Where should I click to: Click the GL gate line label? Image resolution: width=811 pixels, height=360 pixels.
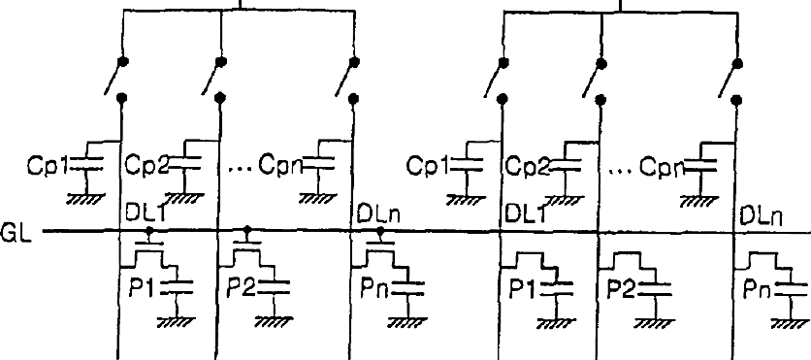click(x=16, y=233)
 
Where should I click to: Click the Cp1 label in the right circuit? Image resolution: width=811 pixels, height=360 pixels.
click(x=428, y=166)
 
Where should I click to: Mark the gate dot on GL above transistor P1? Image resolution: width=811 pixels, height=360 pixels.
click(x=150, y=230)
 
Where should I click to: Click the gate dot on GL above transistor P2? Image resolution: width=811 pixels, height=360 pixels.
click(x=247, y=229)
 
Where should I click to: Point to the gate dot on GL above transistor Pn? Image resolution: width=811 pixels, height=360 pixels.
click(x=381, y=231)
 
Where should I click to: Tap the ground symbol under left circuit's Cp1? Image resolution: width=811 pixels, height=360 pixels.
click(x=86, y=199)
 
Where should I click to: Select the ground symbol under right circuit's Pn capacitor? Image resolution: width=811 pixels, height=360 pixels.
click(x=791, y=323)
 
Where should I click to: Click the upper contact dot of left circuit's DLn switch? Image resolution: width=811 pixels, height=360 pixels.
click(x=354, y=62)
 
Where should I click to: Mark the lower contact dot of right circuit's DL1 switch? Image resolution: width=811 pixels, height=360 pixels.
click(x=503, y=98)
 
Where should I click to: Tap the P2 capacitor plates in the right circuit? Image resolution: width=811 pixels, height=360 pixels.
click(x=655, y=289)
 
